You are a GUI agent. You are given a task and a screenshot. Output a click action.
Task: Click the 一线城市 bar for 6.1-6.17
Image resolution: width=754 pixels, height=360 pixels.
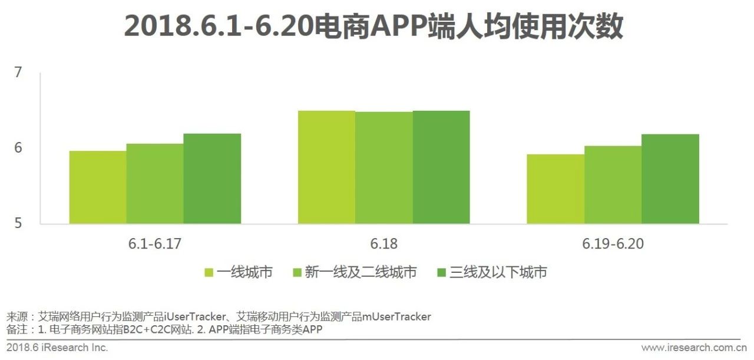pyautogui.click(x=98, y=187)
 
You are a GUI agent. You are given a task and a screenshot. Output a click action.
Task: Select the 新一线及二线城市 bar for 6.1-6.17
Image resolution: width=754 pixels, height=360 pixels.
pyautogui.click(x=155, y=184)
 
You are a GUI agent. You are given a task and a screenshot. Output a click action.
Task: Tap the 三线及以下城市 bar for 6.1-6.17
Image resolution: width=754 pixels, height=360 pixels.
pyautogui.click(x=212, y=179)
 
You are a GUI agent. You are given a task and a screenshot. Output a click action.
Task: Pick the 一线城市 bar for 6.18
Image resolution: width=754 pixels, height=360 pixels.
pyautogui.click(x=326, y=167)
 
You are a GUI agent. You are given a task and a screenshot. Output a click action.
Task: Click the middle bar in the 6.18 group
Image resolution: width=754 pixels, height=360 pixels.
pyautogui.click(x=384, y=168)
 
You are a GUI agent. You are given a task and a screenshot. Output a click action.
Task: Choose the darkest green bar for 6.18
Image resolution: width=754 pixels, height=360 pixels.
pyautogui.click(x=441, y=167)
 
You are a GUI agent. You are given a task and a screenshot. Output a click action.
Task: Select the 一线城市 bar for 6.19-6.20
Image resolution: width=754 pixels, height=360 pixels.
pyautogui.click(x=555, y=189)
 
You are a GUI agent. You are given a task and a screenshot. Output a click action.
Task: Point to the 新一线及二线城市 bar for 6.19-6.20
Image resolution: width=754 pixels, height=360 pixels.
pyautogui.click(x=613, y=185)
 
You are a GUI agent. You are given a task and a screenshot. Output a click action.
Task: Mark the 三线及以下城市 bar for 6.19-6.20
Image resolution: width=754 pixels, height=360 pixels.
pyautogui.click(x=670, y=179)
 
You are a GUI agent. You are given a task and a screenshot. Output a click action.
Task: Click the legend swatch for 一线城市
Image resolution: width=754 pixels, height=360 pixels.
pyautogui.click(x=209, y=272)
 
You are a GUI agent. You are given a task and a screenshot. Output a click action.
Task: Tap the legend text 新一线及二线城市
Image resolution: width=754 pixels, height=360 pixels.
pyautogui.click(x=361, y=272)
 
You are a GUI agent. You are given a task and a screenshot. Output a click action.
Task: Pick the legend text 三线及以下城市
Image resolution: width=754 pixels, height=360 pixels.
pyautogui.click(x=498, y=272)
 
